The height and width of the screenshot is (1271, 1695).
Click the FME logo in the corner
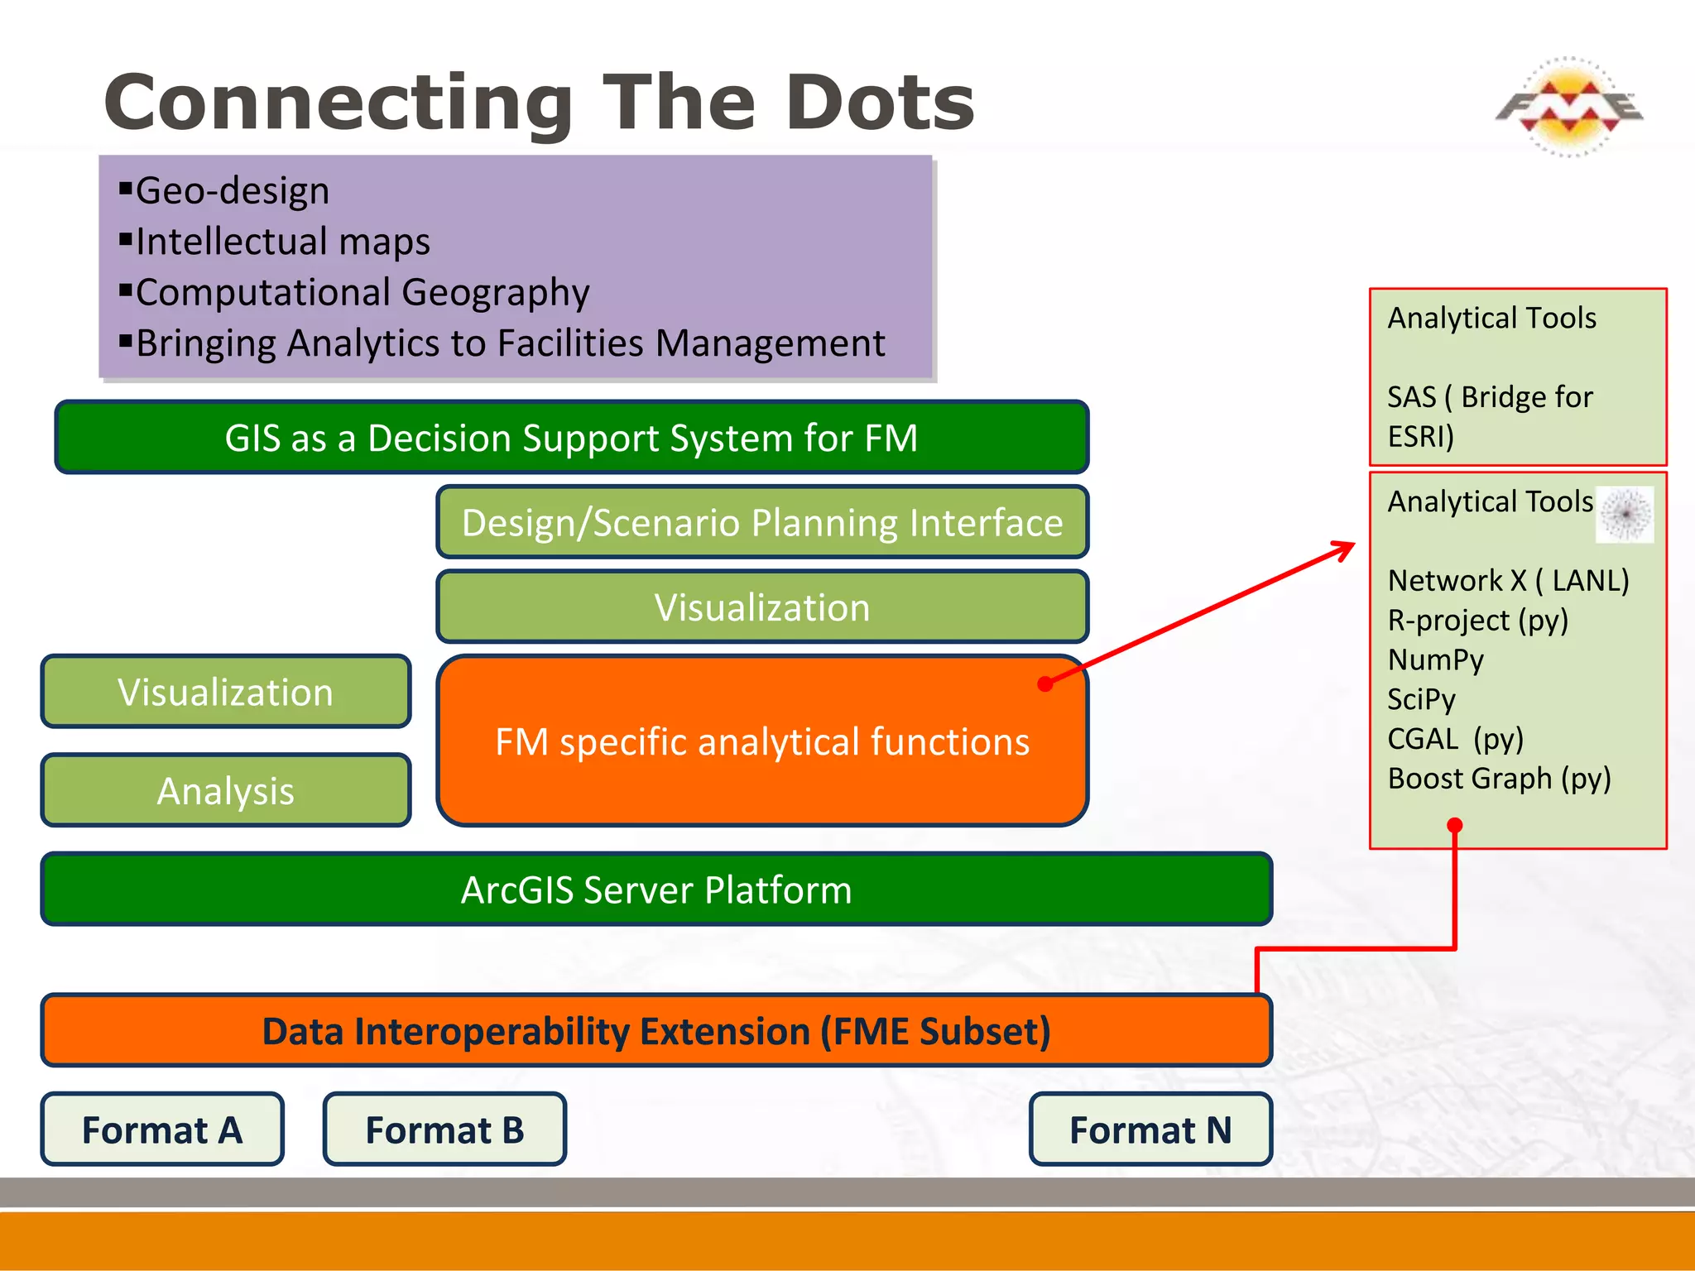pyautogui.click(x=1568, y=107)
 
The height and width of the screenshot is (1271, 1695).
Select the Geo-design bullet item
pyautogui.click(x=232, y=191)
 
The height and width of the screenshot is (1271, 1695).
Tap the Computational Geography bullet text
pyautogui.click(x=362, y=293)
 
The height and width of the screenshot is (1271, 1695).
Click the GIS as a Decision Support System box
pyautogui.click(x=571, y=438)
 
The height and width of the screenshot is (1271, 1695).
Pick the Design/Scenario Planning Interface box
pyautogui.click(x=761, y=523)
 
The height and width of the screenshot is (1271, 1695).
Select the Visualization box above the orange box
pyautogui.click(x=761, y=607)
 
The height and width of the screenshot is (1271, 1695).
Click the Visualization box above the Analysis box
pyautogui.click(x=225, y=692)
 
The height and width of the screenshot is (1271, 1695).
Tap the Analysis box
pyautogui.click(x=225, y=791)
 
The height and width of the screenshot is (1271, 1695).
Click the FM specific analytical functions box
pyautogui.click(x=761, y=742)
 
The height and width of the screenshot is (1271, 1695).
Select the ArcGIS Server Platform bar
pyautogui.click(x=655, y=890)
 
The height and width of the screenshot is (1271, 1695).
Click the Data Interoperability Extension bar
pyautogui.click(x=655, y=1032)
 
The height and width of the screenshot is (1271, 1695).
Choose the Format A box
pyautogui.click(x=162, y=1130)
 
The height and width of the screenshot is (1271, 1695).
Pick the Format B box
pyautogui.click(x=444, y=1130)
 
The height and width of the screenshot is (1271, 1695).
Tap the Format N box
pyautogui.click(x=1150, y=1130)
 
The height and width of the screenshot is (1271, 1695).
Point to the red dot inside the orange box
pyautogui.click(x=1045, y=683)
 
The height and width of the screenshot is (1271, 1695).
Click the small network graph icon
pyautogui.click(x=1625, y=515)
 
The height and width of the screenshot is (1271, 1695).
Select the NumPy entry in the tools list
pyautogui.click(x=1436, y=659)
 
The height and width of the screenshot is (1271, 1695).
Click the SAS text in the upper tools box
pyautogui.click(x=1411, y=397)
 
